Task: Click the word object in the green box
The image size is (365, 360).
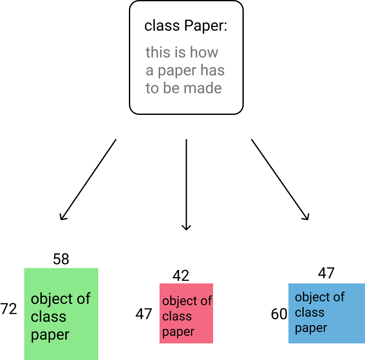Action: tap(52, 299)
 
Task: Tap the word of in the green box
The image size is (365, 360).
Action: tap(84, 299)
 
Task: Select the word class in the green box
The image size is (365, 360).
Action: tap(48, 317)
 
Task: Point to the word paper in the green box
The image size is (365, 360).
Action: tap(50, 335)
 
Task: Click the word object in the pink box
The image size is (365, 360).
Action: tap(180, 301)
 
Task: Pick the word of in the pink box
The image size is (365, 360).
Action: tap(206, 301)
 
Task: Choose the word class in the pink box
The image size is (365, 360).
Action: tap(177, 316)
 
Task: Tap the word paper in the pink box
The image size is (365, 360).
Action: tap(178, 332)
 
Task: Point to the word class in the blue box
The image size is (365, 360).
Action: tap(309, 312)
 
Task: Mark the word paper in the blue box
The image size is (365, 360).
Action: tap(311, 328)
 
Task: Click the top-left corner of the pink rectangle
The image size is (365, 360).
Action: tap(160, 283)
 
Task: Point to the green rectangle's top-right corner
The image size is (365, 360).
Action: tap(98, 268)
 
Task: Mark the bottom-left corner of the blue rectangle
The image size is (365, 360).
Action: tap(288, 343)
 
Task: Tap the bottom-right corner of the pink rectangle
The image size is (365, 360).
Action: tap(213, 343)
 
